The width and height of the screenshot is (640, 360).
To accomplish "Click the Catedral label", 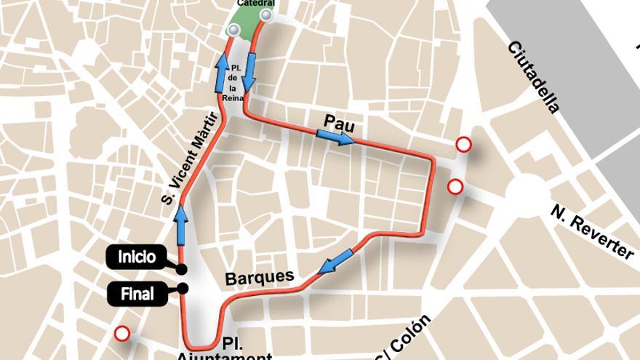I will (256, 4).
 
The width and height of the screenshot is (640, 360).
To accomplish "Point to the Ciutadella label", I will (535, 76).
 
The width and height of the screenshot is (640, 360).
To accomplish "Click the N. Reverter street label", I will (592, 231).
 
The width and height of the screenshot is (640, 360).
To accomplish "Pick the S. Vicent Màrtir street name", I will (190, 156).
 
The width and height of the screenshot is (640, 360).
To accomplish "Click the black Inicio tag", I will (137, 257).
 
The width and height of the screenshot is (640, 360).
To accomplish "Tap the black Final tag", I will (137, 294).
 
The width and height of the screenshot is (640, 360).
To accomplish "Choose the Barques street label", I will (260, 277).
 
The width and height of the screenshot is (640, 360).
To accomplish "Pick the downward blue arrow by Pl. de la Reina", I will (249, 73).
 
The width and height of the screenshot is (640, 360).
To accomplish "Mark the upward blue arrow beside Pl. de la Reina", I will (222, 73).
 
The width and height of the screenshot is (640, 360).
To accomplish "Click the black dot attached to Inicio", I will (181, 269).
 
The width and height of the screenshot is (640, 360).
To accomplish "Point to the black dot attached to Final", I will (183, 289).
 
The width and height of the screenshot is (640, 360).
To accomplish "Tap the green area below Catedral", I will (249, 22).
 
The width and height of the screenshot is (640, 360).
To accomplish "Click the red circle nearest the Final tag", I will (122, 334).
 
